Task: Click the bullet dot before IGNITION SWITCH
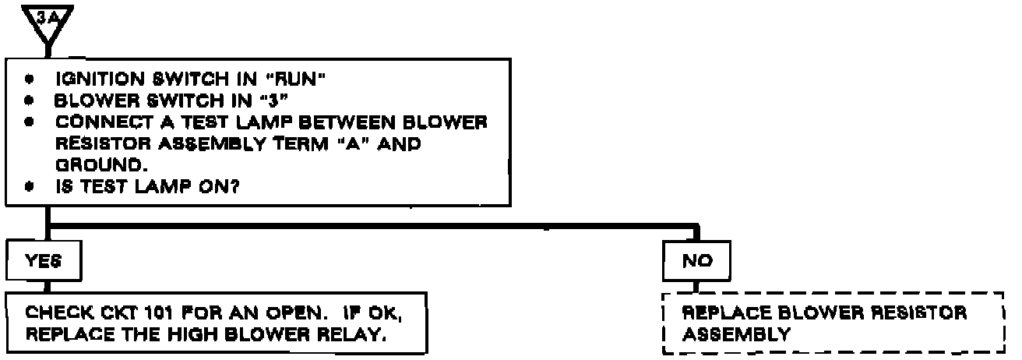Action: pyautogui.click(x=30, y=80)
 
